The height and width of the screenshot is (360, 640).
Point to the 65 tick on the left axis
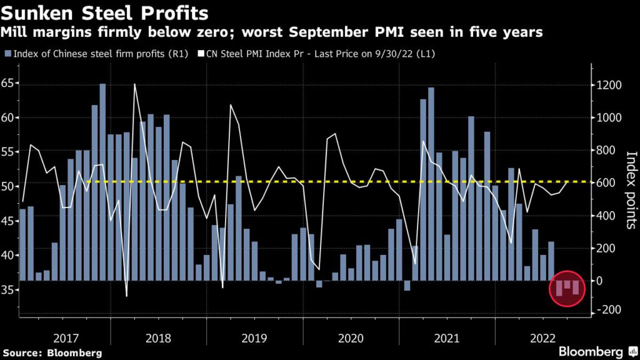[9, 83]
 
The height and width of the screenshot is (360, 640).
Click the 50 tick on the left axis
[9, 186]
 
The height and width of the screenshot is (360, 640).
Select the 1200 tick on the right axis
[609, 86]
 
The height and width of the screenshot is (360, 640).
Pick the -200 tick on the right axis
[609, 311]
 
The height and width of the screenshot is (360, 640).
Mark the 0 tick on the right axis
[601, 281]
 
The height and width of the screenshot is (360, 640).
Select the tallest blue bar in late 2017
[102, 181]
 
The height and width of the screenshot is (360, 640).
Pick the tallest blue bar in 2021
[431, 184]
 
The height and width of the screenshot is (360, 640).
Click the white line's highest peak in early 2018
[135, 84]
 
